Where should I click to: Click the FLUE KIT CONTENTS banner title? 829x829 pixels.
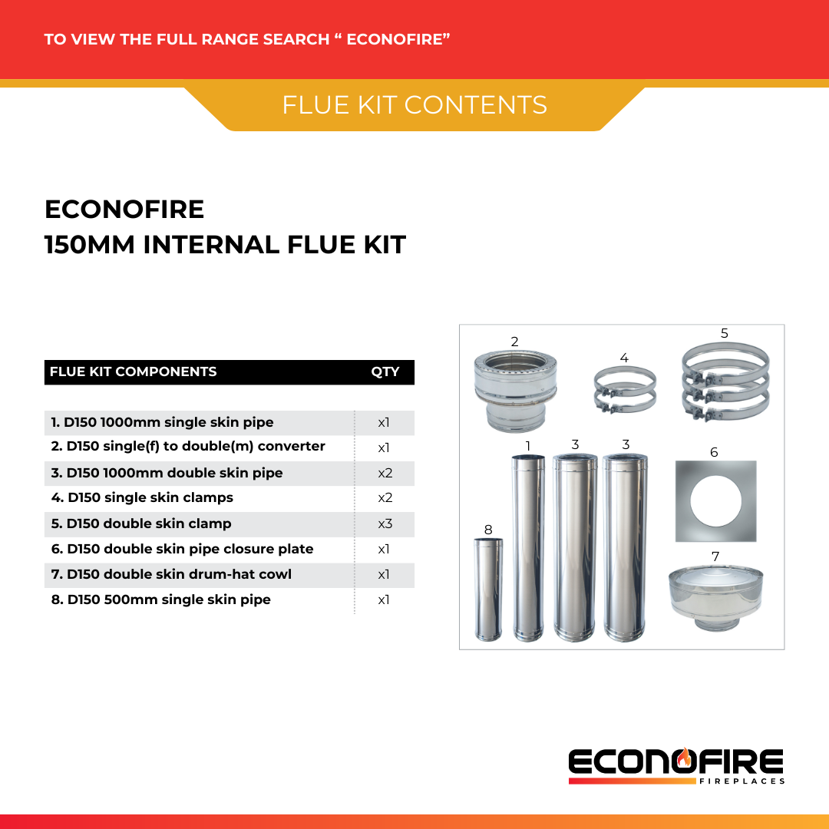pos(414,105)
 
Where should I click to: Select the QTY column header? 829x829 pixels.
pos(385,372)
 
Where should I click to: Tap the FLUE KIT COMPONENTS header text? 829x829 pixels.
pos(133,372)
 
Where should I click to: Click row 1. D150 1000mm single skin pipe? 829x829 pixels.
pos(162,422)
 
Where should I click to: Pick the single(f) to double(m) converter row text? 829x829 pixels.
pos(188,446)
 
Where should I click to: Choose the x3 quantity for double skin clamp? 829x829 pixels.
pos(385,523)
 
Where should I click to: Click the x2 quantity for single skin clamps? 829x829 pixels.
pos(385,497)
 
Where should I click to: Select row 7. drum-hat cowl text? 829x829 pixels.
pos(171,574)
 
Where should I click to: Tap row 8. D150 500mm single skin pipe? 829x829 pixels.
pos(160,599)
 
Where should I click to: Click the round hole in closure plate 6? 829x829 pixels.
pos(715,501)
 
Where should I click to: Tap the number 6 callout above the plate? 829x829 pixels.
pos(714,452)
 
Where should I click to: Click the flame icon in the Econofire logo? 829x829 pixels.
pos(685,758)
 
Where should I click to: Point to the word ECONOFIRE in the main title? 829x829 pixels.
pos(124,209)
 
